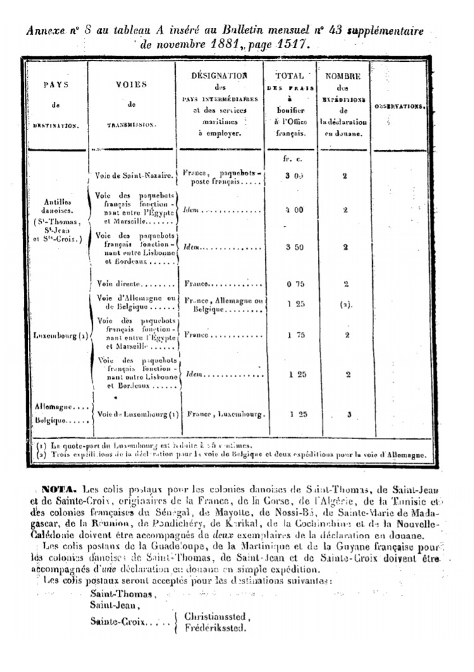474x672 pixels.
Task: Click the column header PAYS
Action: point(56,84)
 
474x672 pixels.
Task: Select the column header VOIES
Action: point(131,84)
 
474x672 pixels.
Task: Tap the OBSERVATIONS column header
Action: point(399,106)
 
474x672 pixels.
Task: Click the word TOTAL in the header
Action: point(289,75)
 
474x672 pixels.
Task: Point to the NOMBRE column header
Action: point(343,76)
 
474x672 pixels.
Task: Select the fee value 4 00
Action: point(291,209)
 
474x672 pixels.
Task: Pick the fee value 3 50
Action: point(291,247)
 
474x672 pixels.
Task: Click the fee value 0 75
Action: point(292,284)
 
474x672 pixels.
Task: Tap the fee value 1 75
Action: point(292,335)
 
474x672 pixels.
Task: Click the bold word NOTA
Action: point(58,489)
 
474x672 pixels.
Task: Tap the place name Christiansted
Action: point(217,616)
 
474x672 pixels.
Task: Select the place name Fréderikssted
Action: point(215,629)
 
